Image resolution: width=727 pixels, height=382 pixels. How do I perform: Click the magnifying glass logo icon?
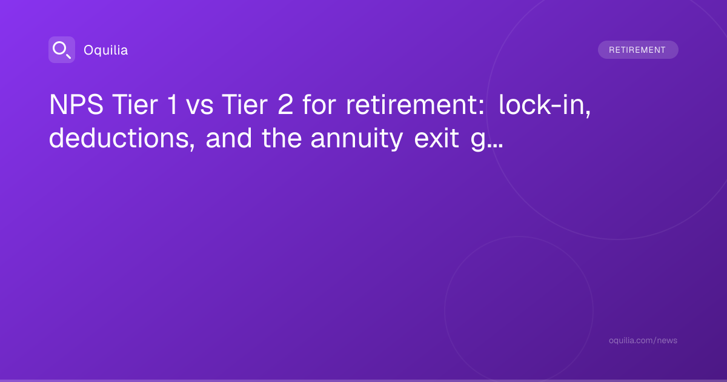click(62, 50)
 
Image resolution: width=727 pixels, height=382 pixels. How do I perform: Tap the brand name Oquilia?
click(106, 50)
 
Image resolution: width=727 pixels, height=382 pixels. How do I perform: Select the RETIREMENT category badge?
click(638, 50)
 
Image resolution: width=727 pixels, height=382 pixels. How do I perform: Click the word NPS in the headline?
click(76, 104)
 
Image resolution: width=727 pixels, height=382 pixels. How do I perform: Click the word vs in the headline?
click(199, 107)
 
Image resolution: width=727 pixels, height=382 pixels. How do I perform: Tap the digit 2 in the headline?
click(285, 104)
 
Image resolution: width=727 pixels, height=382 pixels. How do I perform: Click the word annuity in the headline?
click(357, 139)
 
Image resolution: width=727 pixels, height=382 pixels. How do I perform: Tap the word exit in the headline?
click(437, 138)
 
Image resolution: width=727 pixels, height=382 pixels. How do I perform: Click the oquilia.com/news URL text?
click(643, 340)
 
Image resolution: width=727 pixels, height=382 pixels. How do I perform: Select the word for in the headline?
click(319, 104)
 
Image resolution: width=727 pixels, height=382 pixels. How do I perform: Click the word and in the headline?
click(229, 138)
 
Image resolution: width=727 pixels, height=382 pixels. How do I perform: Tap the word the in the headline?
click(282, 138)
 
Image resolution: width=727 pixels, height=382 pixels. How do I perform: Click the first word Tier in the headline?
click(135, 104)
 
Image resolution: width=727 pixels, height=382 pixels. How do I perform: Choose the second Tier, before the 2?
click(245, 104)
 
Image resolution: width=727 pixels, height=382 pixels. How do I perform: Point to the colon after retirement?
click(482, 107)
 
